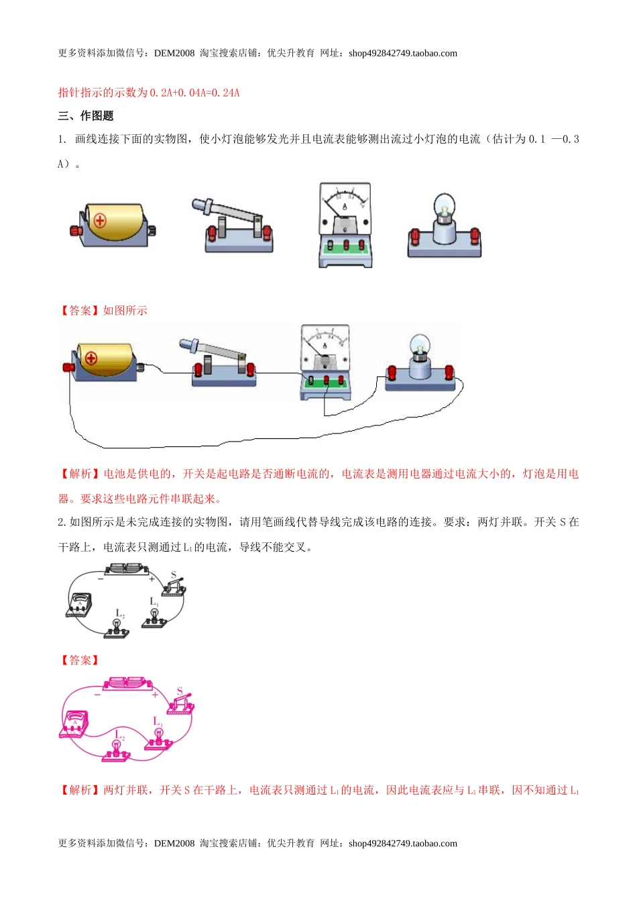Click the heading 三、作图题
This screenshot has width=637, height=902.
pyautogui.click(x=86, y=116)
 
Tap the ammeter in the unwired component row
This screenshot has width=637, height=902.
pyautogui.click(x=345, y=225)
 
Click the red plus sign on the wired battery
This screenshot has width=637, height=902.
pyautogui.click(x=91, y=358)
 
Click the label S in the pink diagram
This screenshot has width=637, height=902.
pyautogui.click(x=180, y=691)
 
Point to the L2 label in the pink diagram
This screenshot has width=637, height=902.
pyautogui.click(x=120, y=735)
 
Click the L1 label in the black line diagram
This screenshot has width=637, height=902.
pyautogui.click(x=154, y=602)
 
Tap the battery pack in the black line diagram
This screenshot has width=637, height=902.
pyautogui.click(x=127, y=569)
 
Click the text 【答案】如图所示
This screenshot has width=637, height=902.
pyautogui.click(x=103, y=310)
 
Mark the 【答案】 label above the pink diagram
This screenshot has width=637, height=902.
pyautogui.click(x=80, y=660)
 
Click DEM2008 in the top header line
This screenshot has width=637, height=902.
pyautogui.click(x=174, y=54)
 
